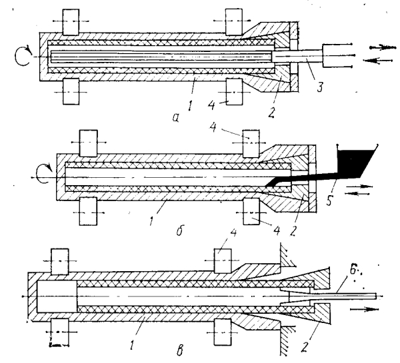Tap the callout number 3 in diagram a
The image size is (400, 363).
tap(320, 86)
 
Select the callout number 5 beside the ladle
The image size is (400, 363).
tap(329, 199)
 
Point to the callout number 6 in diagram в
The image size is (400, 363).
tap(353, 270)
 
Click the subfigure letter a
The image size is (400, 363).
tap(176, 117)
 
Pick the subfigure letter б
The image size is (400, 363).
tap(180, 230)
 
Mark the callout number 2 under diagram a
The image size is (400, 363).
tap(271, 112)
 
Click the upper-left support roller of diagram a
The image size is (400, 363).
tap(71, 22)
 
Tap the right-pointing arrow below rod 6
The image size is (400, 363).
tap(364, 309)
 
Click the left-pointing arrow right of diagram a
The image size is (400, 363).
tap(377, 61)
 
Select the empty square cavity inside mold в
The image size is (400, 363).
tap(57, 296)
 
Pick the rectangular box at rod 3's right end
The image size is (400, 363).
tap(337, 56)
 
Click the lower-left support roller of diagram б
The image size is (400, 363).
tap(88, 212)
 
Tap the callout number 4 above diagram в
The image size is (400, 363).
tap(233, 232)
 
